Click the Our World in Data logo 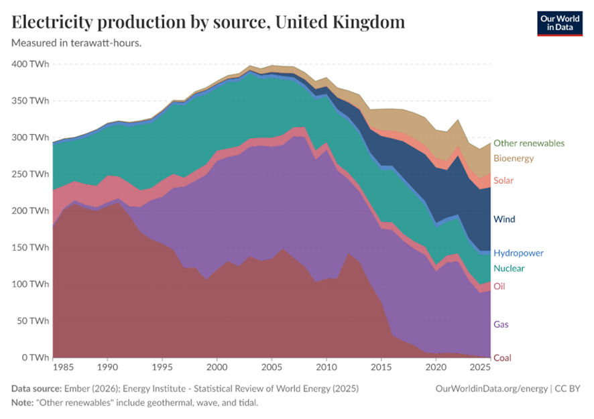[x=560, y=23]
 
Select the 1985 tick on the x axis [x=63, y=368]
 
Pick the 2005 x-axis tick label [x=271, y=368]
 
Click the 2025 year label [x=481, y=368]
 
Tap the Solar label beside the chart [x=503, y=180]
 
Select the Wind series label [x=504, y=219]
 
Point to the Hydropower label [x=518, y=253]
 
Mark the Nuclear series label [x=509, y=269]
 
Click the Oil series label [x=499, y=286]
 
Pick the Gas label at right [x=501, y=324]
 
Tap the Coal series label [x=502, y=357]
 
